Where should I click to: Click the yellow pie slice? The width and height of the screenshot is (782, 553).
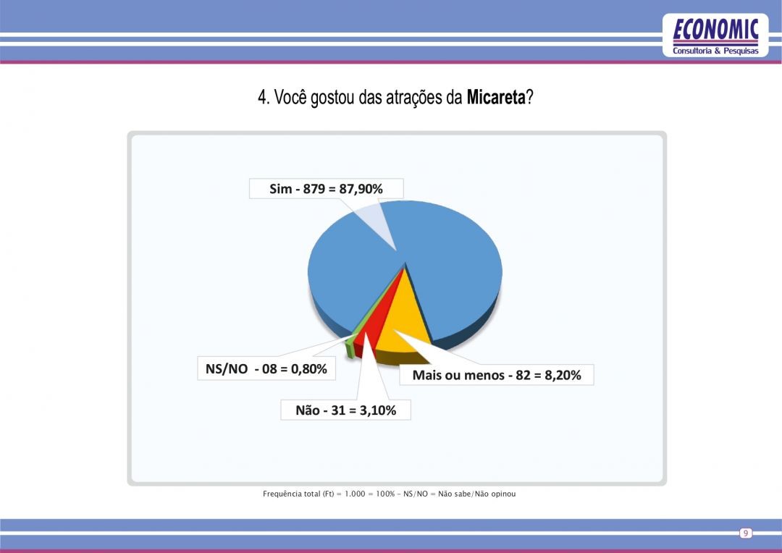pyautogui.click(x=404, y=324)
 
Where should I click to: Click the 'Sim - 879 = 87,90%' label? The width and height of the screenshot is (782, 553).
pyautogui.click(x=326, y=188)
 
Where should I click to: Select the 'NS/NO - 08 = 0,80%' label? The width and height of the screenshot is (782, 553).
pyautogui.click(x=266, y=368)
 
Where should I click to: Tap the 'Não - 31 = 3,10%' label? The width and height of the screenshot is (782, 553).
pyautogui.click(x=345, y=410)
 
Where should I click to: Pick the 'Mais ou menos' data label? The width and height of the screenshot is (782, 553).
pyautogui.click(x=496, y=375)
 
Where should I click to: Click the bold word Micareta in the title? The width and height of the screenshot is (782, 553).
pyautogui.click(x=496, y=97)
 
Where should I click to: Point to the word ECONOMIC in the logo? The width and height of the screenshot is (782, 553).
pyautogui.click(x=715, y=30)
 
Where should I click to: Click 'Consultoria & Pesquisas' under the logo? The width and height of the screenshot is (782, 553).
pyautogui.click(x=715, y=51)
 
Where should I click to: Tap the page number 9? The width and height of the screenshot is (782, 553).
pyautogui.click(x=746, y=533)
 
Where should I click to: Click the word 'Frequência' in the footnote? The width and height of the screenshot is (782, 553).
pyautogui.click(x=282, y=494)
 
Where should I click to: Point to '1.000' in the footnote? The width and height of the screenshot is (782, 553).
pyautogui.click(x=355, y=494)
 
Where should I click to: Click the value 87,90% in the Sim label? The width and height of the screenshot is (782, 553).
pyautogui.click(x=361, y=188)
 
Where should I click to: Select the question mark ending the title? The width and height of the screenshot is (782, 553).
pyautogui.click(x=529, y=97)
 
